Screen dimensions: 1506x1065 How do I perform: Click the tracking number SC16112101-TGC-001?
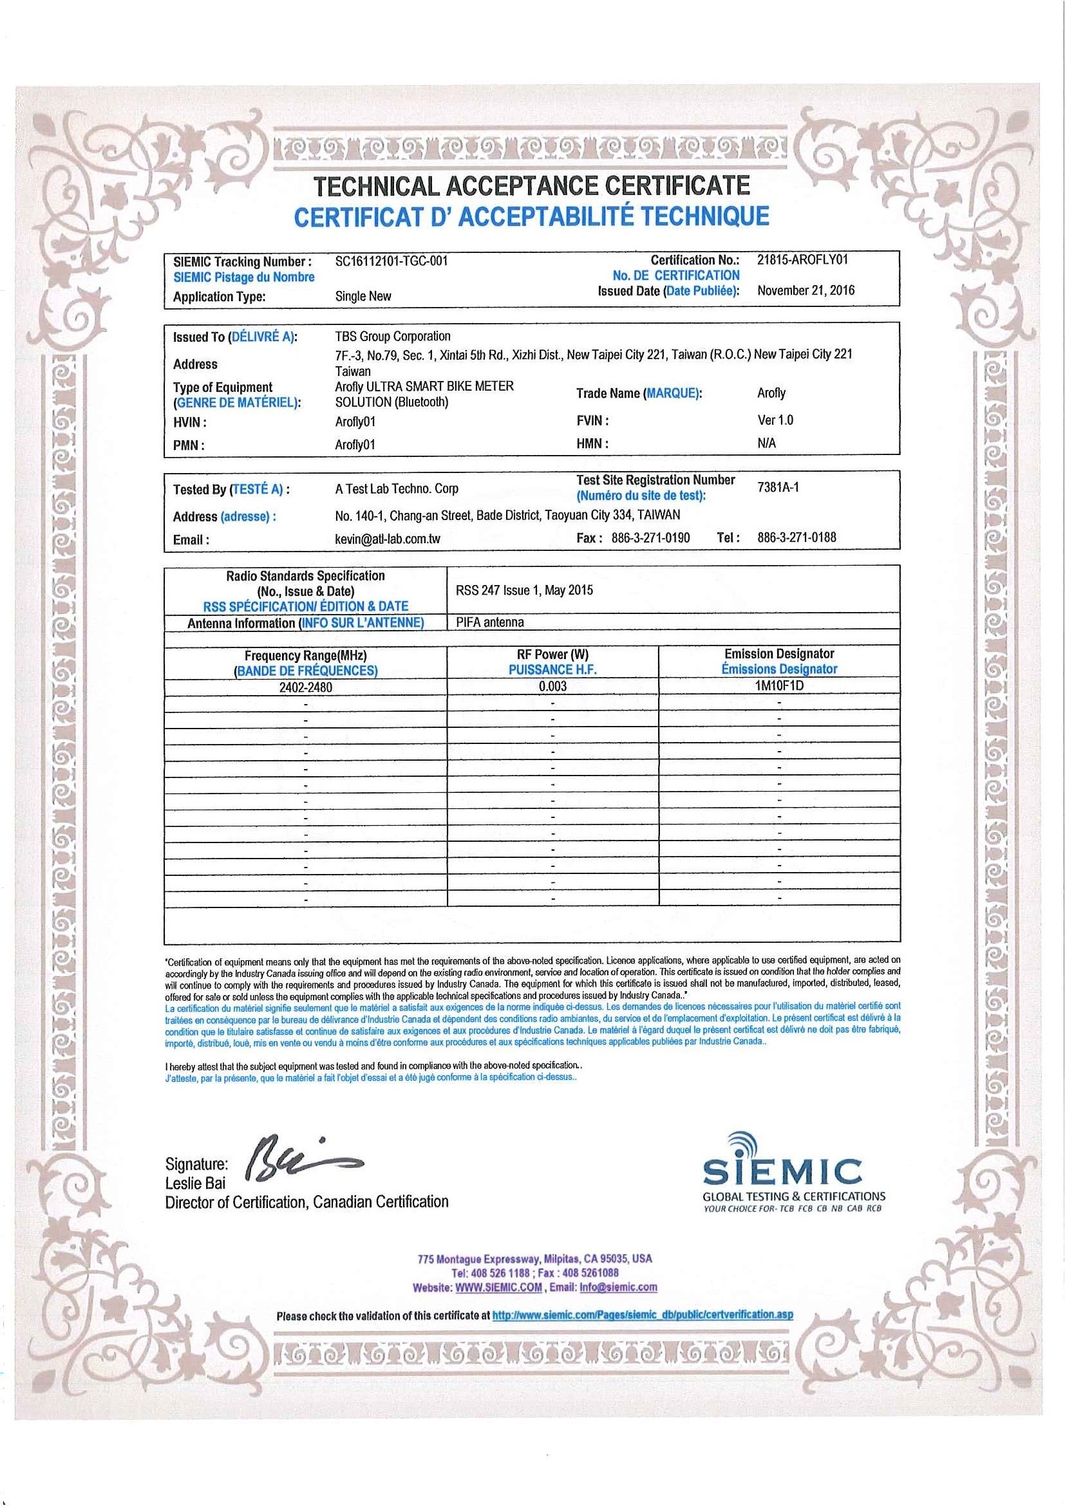click(391, 261)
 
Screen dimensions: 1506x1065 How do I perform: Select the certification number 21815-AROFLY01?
click(802, 259)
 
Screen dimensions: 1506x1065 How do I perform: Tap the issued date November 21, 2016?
click(806, 290)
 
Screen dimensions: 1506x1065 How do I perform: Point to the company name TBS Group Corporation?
click(392, 337)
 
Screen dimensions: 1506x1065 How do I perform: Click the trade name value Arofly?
click(771, 393)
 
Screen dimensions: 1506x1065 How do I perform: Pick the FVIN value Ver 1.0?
click(775, 420)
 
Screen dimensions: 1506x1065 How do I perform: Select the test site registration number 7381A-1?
click(778, 487)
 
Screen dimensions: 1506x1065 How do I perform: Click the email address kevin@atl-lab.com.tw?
click(387, 539)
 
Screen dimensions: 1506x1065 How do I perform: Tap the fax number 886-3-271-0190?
click(650, 538)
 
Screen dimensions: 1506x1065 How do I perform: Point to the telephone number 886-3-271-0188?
click(796, 538)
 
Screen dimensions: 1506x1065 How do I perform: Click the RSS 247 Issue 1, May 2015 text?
click(523, 590)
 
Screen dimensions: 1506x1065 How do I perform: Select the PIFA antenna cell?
click(489, 622)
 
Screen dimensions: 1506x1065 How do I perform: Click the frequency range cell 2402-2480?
click(305, 687)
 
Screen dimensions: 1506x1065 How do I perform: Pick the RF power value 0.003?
click(552, 687)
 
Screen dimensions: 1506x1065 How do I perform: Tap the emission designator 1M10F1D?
click(779, 686)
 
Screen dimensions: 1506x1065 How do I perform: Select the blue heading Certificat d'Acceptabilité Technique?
click(531, 216)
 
